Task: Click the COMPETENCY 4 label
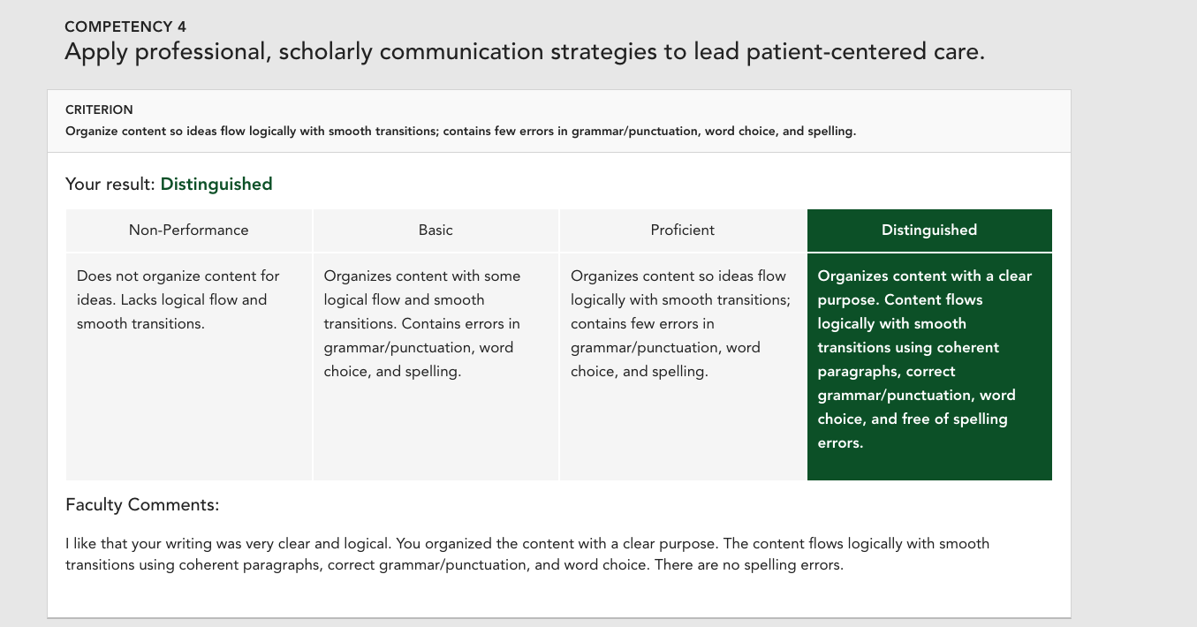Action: (125, 26)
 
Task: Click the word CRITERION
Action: (99, 110)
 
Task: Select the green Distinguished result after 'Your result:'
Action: (216, 185)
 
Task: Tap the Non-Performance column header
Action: (189, 230)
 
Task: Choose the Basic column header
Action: (436, 230)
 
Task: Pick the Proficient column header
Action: (682, 230)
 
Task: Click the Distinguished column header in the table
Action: (929, 230)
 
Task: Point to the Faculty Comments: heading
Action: (142, 505)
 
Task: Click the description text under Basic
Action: (422, 323)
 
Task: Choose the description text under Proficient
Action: (680, 323)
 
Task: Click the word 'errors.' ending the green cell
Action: (840, 443)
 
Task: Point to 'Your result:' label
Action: (110, 185)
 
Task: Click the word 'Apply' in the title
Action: (96, 52)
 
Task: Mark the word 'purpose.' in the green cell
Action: (849, 300)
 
